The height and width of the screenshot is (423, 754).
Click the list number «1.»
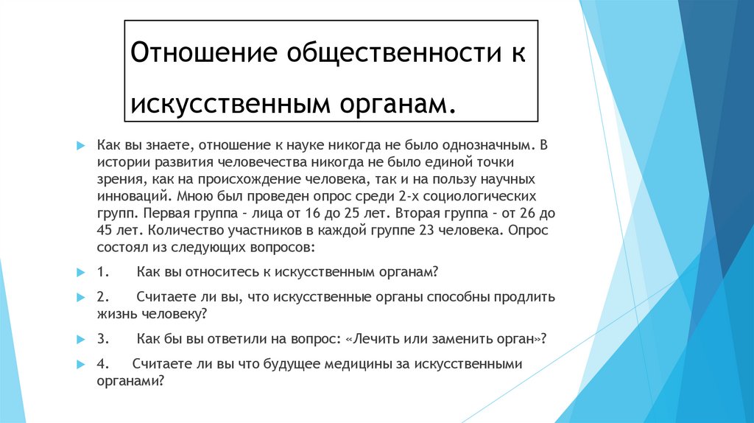pos(103,273)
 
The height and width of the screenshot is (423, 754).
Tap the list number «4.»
pos(103,364)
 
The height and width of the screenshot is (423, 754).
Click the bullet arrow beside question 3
pos(81,340)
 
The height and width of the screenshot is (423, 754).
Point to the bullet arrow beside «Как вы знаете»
pos(81,144)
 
